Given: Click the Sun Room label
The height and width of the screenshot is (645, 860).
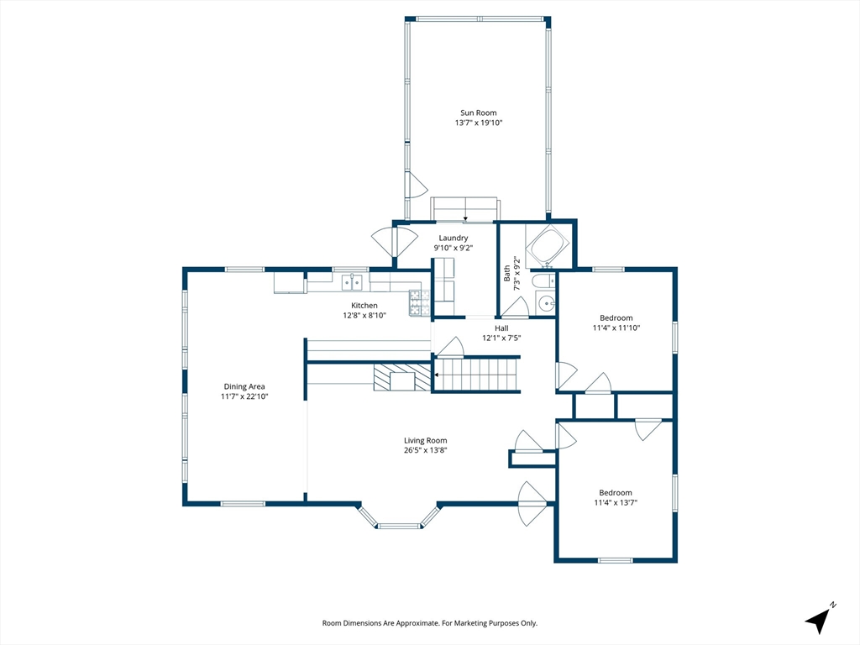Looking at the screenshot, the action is click(478, 113).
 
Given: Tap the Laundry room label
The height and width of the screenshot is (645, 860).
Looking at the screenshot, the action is click(453, 238).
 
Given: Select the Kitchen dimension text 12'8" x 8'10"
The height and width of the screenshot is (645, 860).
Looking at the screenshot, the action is click(364, 316).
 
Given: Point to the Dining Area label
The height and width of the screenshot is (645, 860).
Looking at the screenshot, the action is click(244, 386).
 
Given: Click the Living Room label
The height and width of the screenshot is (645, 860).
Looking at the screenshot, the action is click(425, 440).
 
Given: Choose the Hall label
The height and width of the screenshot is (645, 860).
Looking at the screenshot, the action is click(501, 328).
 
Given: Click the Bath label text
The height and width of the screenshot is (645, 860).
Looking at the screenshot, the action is click(506, 273).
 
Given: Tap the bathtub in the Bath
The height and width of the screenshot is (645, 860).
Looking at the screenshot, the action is click(548, 247).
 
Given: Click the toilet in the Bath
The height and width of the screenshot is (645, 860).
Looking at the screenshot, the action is click(543, 281).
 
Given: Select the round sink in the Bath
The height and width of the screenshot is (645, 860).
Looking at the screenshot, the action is click(546, 302).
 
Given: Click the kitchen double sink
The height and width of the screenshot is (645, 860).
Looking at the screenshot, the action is click(352, 282).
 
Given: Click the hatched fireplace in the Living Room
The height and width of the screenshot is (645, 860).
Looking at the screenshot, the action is click(402, 377).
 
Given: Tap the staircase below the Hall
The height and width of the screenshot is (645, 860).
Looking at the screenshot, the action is click(476, 375).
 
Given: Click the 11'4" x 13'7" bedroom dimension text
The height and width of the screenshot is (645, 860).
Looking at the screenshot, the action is click(616, 502).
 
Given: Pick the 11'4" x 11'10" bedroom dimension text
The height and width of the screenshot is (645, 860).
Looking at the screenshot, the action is click(616, 328).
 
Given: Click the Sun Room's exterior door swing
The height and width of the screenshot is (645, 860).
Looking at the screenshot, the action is click(417, 185).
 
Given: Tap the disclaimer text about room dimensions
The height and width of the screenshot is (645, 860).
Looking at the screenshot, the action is click(429, 623).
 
